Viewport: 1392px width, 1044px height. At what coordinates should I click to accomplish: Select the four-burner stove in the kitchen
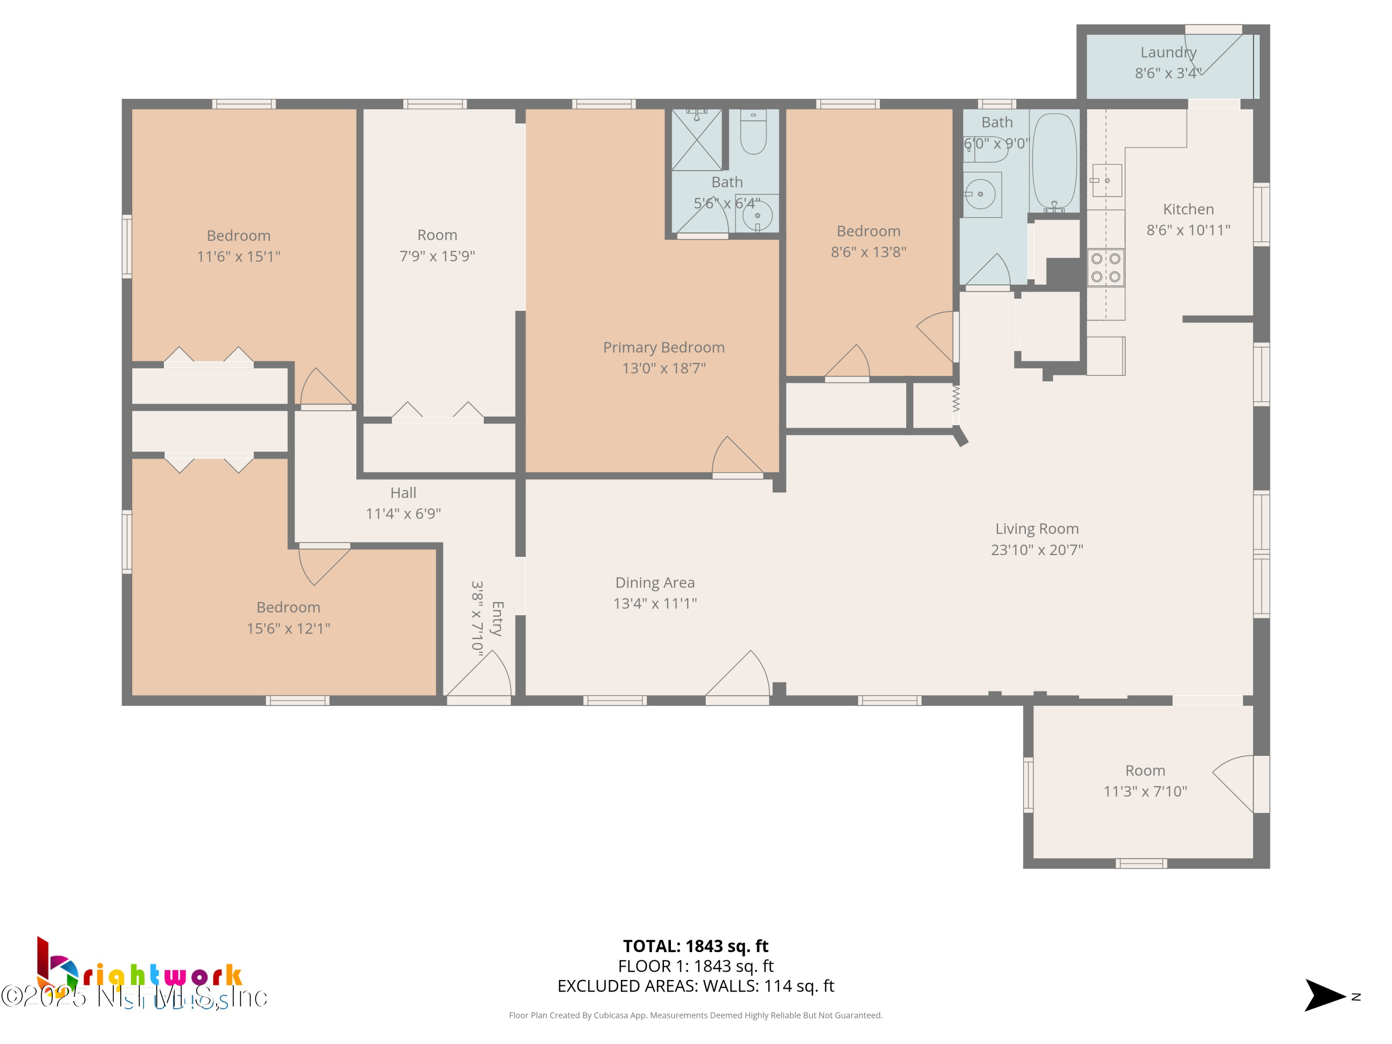(1105, 267)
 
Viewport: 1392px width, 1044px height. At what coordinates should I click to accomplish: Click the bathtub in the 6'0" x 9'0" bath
(1054, 162)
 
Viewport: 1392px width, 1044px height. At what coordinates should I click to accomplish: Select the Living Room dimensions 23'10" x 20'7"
(1037, 550)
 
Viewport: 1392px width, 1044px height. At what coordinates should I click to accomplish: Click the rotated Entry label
(497, 618)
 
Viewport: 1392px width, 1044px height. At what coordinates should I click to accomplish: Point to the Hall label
(403, 493)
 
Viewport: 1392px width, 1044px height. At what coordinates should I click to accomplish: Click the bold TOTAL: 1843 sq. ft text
(696, 946)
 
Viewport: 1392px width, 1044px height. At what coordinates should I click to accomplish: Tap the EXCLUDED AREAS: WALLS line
(696, 986)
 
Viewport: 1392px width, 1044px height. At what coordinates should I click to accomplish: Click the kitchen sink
(1106, 180)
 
